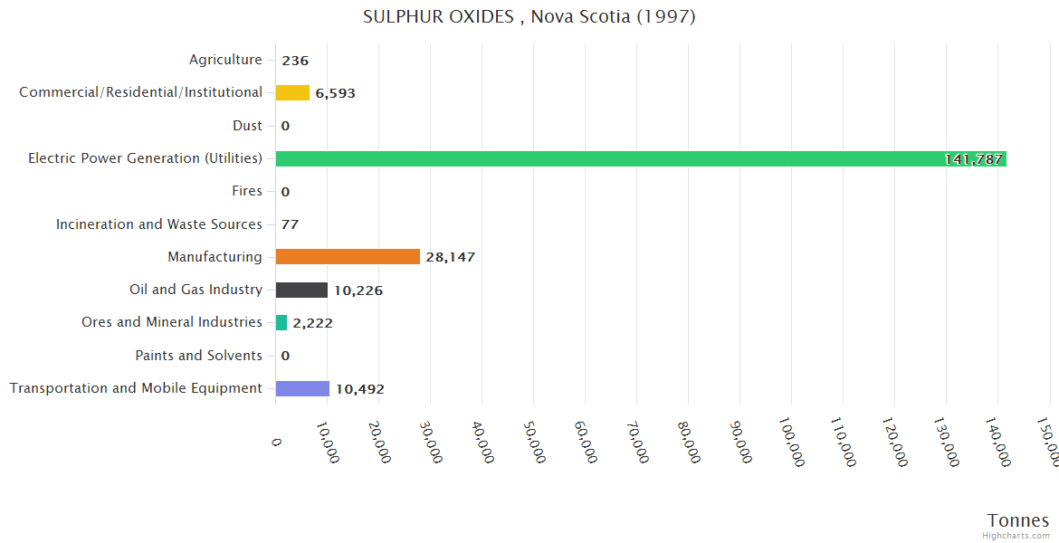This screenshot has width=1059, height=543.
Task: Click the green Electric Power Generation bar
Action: point(634,158)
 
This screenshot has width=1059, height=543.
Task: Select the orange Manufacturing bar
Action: point(348,257)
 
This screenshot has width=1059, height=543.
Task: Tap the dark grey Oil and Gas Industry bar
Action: point(301,290)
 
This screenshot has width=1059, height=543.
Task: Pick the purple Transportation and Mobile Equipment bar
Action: point(302,388)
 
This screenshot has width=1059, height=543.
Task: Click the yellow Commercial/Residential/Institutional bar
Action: point(292,92)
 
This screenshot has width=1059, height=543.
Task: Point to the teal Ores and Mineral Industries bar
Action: point(281,322)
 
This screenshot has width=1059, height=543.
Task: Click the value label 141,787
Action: point(973,159)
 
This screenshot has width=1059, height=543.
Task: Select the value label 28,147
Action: point(450,257)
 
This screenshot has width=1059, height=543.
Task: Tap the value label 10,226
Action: point(358,291)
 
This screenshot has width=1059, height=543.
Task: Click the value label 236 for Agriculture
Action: point(295,61)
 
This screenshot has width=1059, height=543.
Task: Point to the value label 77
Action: point(290,224)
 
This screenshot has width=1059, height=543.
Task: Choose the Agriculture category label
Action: point(225,60)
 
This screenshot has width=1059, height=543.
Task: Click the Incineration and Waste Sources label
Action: point(159,224)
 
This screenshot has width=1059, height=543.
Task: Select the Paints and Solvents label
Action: point(199,356)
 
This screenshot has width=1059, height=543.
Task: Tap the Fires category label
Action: point(247,191)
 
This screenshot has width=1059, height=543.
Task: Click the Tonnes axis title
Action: point(1017,520)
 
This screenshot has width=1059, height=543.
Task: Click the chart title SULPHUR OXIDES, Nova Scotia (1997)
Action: point(529,16)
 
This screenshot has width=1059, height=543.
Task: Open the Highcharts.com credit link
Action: point(1016,536)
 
